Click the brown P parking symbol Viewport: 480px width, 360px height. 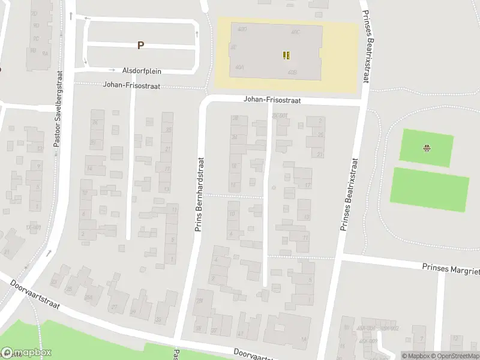(x=141, y=45)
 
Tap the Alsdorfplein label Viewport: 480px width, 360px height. (x=142, y=71)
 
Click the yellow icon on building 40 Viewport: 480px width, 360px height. (x=287, y=55)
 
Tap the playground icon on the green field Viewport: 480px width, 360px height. (x=427, y=148)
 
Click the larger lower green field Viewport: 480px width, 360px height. (x=430, y=190)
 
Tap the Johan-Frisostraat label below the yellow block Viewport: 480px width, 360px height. (x=272, y=101)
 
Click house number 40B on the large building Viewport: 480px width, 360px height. (x=292, y=73)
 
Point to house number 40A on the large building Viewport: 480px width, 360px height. (x=239, y=68)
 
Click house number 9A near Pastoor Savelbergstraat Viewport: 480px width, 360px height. (x=45, y=53)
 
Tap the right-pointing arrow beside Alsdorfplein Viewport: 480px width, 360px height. (x=112, y=70)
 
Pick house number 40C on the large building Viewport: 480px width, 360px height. (x=295, y=31)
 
